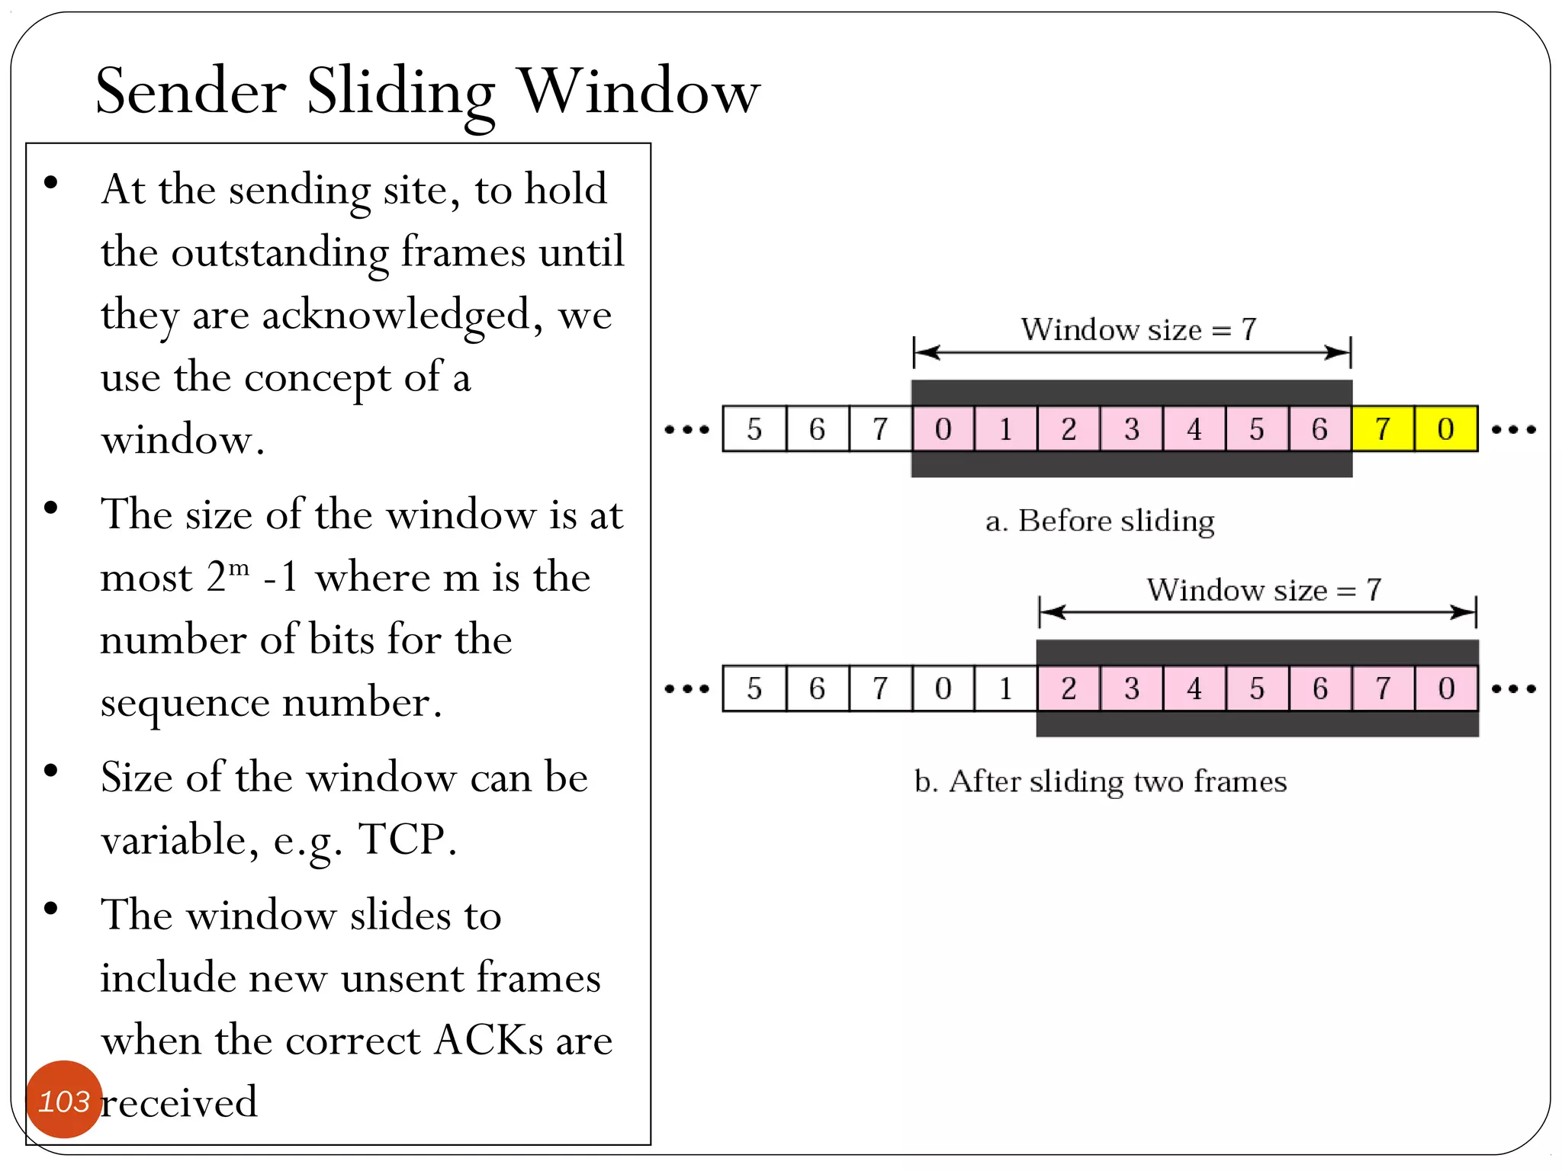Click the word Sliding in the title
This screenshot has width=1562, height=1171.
click(400, 93)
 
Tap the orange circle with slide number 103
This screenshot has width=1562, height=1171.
click(64, 1099)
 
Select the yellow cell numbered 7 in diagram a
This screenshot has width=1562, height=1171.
click(1383, 429)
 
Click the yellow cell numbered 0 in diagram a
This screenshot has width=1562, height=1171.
click(1445, 429)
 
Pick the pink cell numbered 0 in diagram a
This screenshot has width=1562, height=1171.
click(943, 429)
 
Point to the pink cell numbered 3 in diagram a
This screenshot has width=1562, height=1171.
click(1131, 429)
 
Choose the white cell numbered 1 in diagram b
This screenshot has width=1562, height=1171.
click(1005, 689)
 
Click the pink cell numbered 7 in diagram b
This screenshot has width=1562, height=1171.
click(1383, 689)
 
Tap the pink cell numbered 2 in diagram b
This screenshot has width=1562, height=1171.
click(1068, 689)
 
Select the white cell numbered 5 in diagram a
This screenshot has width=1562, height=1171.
click(754, 429)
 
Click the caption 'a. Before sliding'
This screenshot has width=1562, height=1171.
click(1099, 521)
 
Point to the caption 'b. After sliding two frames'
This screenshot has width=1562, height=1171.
click(1100, 781)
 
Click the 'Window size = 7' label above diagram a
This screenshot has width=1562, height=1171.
click(1138, 329)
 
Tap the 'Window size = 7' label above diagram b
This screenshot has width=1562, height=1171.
click(1264, 590)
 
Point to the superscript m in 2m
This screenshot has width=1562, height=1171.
click(239, 567)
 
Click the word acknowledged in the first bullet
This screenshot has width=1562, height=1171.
click(396, 316)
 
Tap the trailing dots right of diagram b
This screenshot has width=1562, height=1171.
click(1513, 689)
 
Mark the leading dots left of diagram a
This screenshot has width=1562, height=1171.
click(686, 429)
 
